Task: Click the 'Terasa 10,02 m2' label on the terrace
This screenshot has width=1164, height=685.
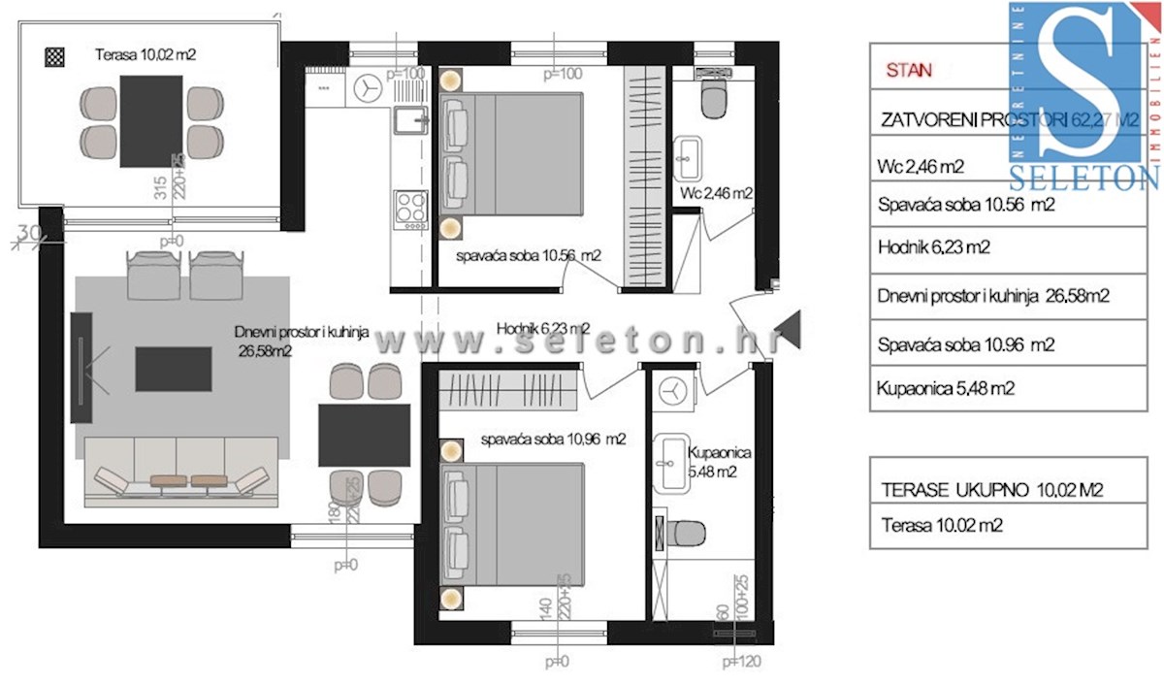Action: pos(145,55)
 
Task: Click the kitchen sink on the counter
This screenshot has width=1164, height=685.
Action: pos(410,121)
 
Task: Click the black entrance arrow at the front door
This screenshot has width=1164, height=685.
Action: pos(791,329)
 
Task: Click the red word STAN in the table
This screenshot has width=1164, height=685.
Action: pos(909,70)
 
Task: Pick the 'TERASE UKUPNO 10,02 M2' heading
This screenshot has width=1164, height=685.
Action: pos(992,491)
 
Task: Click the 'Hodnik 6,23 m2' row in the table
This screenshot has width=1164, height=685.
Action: pos(933,247)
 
